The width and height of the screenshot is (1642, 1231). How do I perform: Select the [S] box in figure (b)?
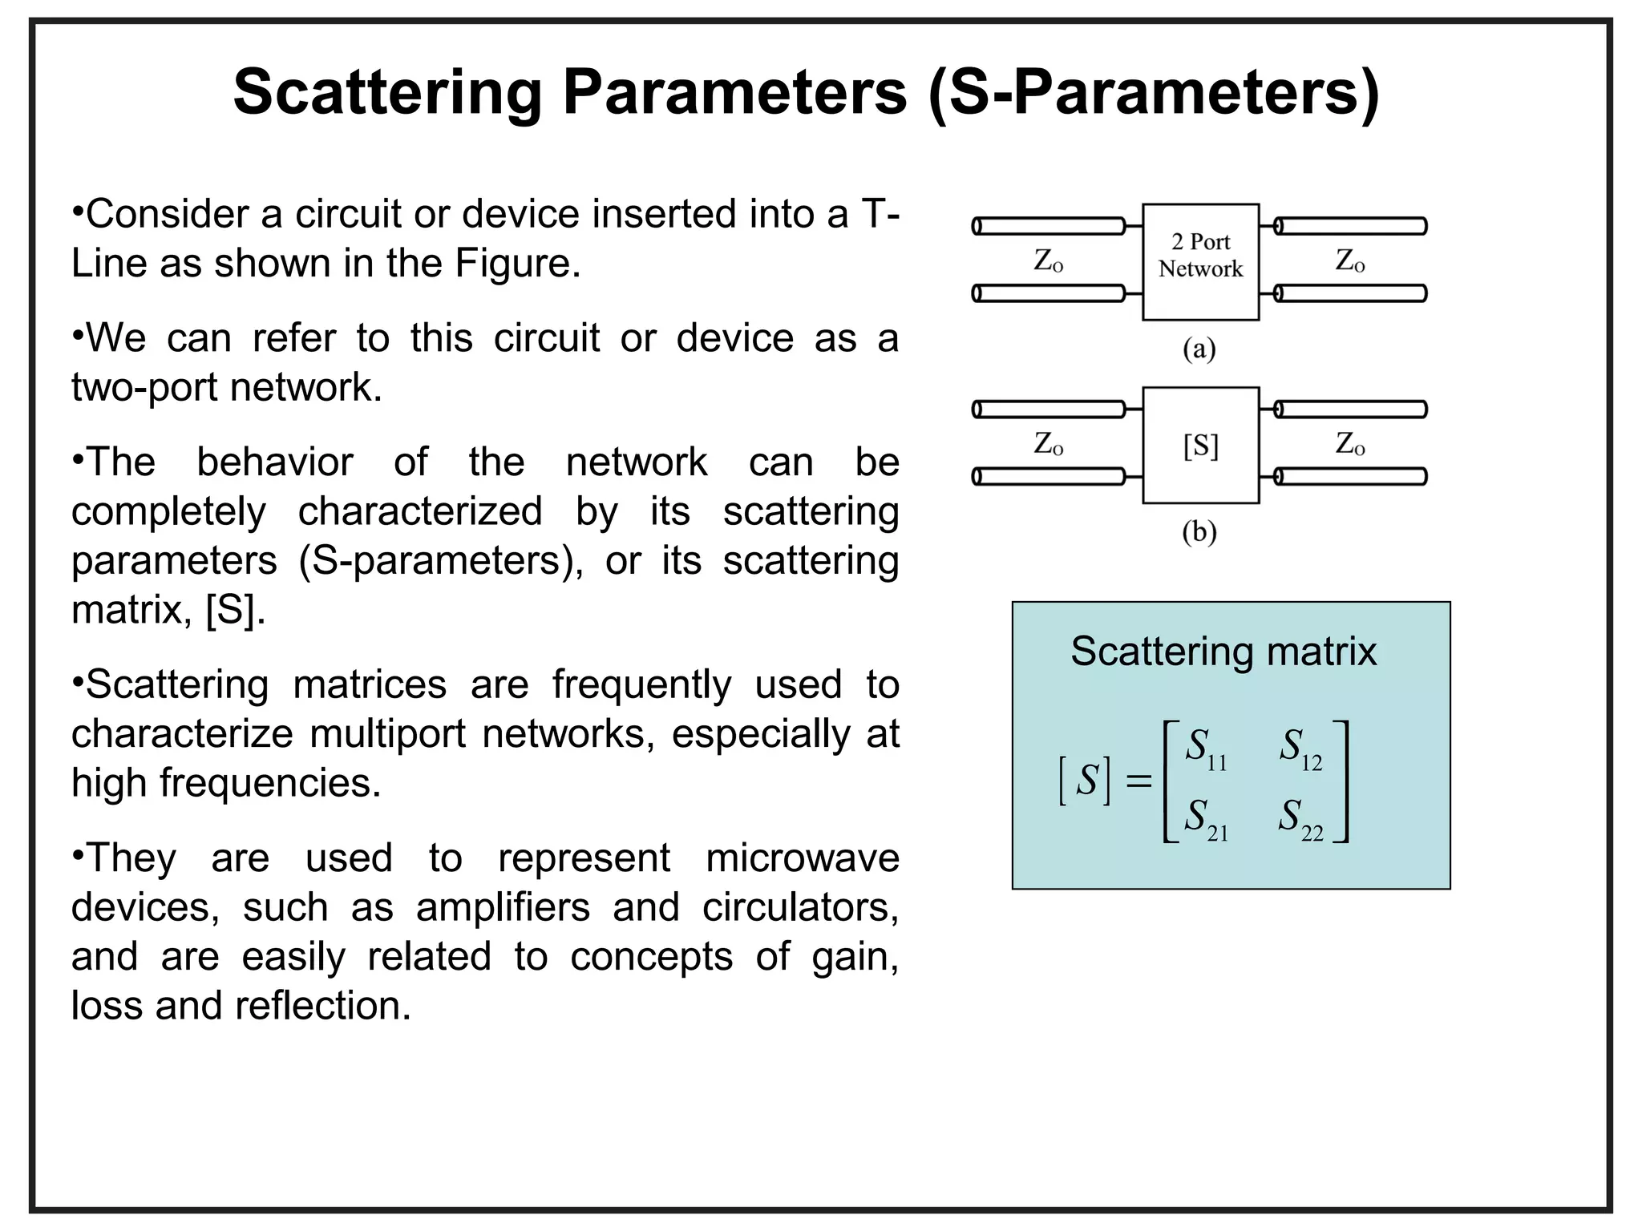click(1200, 446)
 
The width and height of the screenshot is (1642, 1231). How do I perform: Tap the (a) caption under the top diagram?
click(1199, 349)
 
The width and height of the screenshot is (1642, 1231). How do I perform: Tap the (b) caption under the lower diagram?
click(1199, 532)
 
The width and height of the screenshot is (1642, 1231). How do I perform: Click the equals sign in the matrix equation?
click(1138, 781)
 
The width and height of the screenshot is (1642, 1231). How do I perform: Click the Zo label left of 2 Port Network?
click(1048, 260)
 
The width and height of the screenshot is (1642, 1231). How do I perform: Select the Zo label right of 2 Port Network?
click(1350, 260)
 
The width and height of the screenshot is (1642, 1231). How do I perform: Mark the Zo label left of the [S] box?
click(1048, 443)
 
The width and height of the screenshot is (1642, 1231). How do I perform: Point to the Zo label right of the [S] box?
click(1350, 443)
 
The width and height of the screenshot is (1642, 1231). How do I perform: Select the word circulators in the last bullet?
click(799, 907)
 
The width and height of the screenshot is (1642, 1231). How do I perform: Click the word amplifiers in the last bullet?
click(503, 907)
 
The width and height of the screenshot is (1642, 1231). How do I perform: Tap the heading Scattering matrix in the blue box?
click(1223, 651)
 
